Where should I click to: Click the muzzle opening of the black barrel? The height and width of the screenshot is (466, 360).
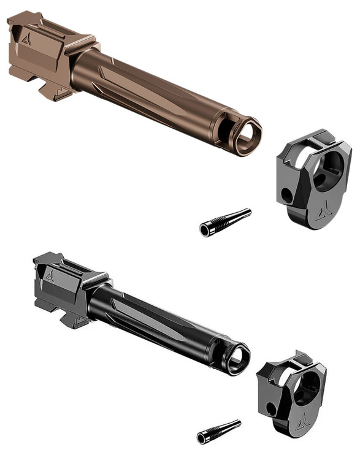(237, 359)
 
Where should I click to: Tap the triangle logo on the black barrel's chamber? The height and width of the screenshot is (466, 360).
(50, 276)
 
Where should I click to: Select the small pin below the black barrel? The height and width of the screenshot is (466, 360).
(219, 431)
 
